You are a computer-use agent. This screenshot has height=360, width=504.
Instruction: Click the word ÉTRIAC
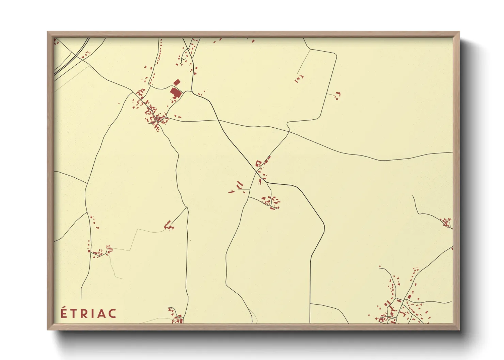tap(89, 313)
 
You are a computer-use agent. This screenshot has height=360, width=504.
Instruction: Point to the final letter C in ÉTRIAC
tap(112, 313)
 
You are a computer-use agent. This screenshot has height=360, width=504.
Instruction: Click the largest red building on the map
tap(175, 93)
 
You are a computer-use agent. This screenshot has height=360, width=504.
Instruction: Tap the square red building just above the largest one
tap(176, 82)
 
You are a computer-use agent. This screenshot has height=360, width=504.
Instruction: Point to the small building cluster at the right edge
tap(446, 223)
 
